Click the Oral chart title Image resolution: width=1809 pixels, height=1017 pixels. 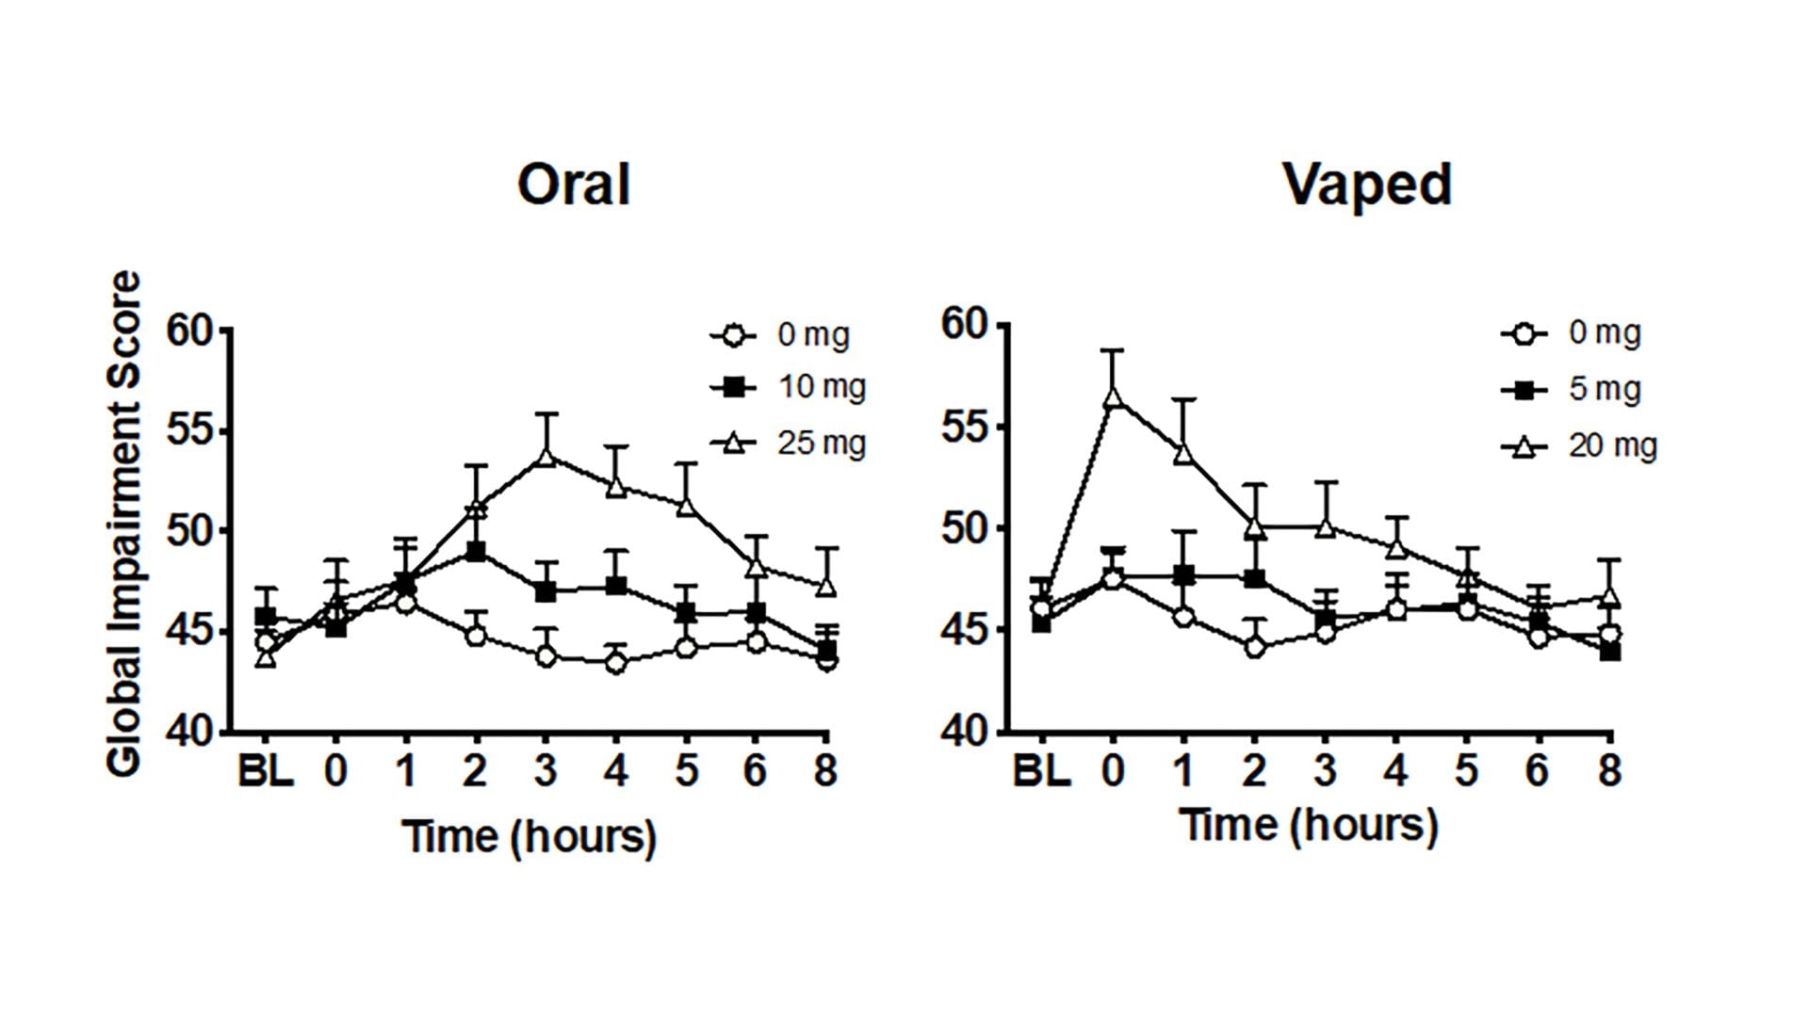click(x=573, y=185)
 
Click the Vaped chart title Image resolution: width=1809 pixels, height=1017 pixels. click(x=1367, y=185)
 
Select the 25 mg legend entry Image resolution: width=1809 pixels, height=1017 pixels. click(x=788, y=443)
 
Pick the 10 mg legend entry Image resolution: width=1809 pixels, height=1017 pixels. click(x=788, y=387)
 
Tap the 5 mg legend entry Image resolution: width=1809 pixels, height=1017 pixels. click(x=1571, y=389)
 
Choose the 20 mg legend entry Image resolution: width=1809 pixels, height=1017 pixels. click(x=1579, y=445)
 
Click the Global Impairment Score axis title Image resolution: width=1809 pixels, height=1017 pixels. click(x=124, y=524)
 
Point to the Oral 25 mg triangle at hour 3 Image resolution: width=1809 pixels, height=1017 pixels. click(x=546, y=457)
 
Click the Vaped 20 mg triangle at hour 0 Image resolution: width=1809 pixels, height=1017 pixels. click(x=1113, y=396)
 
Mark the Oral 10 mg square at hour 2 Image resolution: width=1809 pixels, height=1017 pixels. click(x=476, y=551)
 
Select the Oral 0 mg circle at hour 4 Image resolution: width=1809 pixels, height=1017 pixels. click(x=616, y=663)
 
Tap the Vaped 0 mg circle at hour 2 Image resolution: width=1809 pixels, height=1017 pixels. click(x=1254, y=647)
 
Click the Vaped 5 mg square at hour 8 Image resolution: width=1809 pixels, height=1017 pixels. click(x=1610, y=651)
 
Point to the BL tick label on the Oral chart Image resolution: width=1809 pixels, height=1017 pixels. click(x=265, y=772)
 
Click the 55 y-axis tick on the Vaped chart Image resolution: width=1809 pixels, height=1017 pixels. click(x=964, y=427)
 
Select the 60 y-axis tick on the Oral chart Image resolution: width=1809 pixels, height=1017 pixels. click(x=190, y=331)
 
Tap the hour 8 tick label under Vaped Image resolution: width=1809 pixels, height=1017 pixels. click(x=1610, y=771)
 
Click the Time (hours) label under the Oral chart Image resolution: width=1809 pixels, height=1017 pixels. click(x=529, y=836)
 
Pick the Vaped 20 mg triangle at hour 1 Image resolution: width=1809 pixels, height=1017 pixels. click(x=1184, y=454)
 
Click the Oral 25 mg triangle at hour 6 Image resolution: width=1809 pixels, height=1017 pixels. click(x=756, y=567)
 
